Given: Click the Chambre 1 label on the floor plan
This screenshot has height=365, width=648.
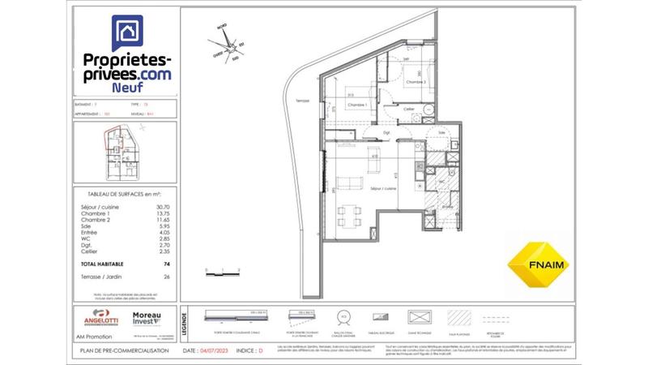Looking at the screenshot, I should [358, 105].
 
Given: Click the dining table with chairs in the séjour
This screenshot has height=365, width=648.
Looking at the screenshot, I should [351, 215].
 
